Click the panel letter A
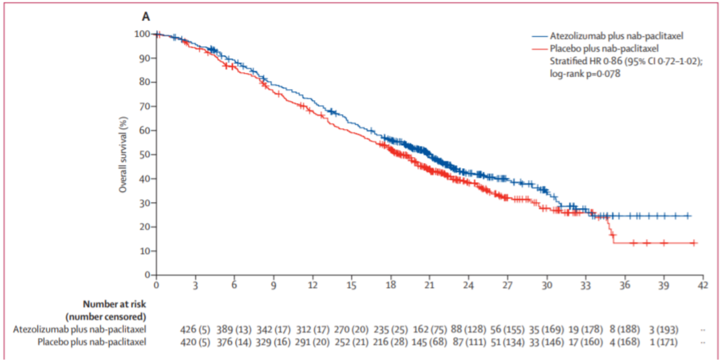[145, 15]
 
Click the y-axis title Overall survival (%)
[123, 153]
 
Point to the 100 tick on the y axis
[141, 33]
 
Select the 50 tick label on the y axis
[143, 155]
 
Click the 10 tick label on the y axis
[143, 251]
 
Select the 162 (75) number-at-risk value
[428, 329]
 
